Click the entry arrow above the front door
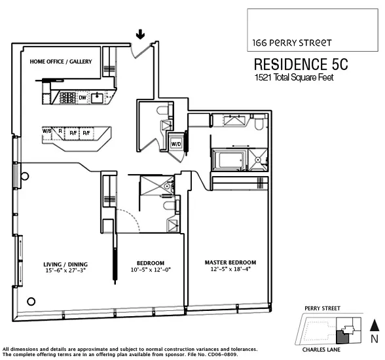pyautogui.click(x=139, y=33)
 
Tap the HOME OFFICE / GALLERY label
pyautogui.click(x=61, y=62)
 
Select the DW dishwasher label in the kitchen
pyautogui.click(x=82, y=98)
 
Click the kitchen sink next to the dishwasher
pyautogui.click(x=98, y=98)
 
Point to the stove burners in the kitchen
pyautogui.click(x=67, y=98)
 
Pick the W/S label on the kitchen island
pyautogui.click(x=47, y=131)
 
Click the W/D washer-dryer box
pyautogui.click(x=176, y=143)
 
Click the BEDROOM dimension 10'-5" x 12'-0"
pyautogui.click(x=150, y=269)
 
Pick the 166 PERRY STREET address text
pyautogui.click(x=292, y=43)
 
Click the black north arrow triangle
pyautogui.click(x=373, y=324)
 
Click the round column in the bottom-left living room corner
pyautogui.click(x=30, y=301)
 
